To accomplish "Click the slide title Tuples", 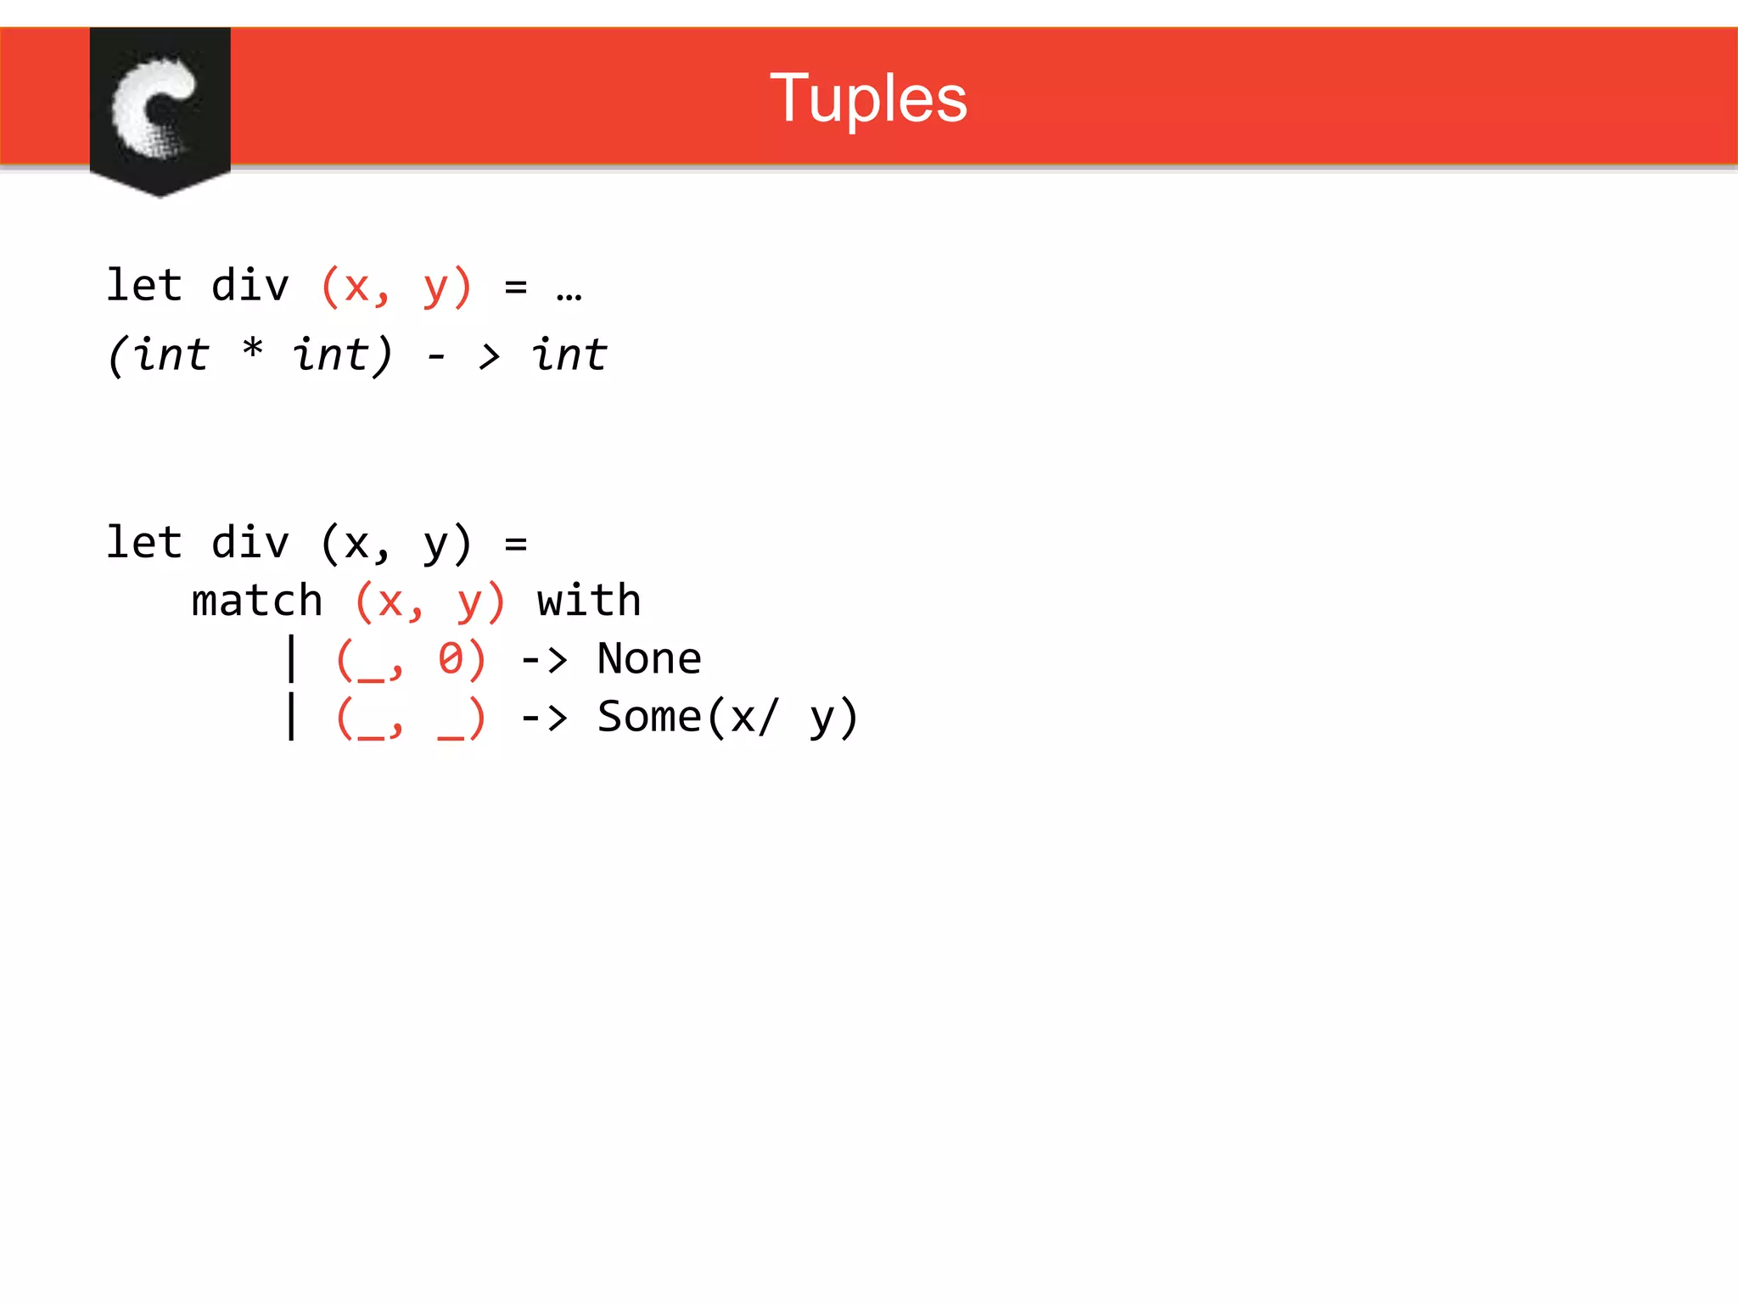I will pyautogui.click(x=868, y=98).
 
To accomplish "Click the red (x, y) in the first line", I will pyautogui.click(x=395, y=287).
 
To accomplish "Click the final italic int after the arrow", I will pyautogui.click(x=569, y=355).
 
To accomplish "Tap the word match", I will pyautogui.click(x=257, y=601).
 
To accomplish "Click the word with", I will pyautogui.click(x=589, y=601).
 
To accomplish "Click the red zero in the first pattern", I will pyautogui.click(x=450, y=659).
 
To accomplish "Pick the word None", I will pyautogui.click(x=649, y=659).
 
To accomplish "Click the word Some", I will pyautogui.click(x=649, y=717).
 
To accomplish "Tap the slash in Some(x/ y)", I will pyautogui.click(x=766, y=718).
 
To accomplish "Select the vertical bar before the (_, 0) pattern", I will pyautogui.click(x=292, y=659).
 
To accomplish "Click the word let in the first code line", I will pyautogui.click(x=143, y=285).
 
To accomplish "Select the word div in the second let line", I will pyautogui.click(x=250, y=543).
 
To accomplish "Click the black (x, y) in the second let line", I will pyautogui.click(x=395, y=544).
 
